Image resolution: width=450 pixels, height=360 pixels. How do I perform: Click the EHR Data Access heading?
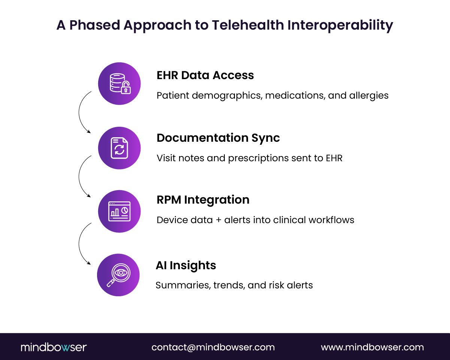[205, 75]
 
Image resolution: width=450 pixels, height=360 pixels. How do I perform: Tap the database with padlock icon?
[120, 83]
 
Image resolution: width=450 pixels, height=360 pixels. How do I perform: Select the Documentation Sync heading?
[218, 138]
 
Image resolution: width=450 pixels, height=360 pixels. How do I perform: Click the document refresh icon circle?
[120, 148]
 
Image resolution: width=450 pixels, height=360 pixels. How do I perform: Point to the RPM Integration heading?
[203, 200]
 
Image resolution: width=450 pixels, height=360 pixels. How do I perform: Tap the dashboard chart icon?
[120, 211]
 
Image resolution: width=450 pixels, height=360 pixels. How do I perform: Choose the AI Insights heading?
[186, 265]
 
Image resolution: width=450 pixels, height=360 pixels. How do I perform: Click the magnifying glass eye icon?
[118, 275]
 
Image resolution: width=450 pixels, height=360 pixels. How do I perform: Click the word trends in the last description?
[229, 285]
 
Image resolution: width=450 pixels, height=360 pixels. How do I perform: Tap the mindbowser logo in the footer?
[54, 347]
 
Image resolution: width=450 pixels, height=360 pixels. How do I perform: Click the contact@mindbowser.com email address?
[213, 347]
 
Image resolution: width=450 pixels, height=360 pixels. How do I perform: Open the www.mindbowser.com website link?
[372, 347]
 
